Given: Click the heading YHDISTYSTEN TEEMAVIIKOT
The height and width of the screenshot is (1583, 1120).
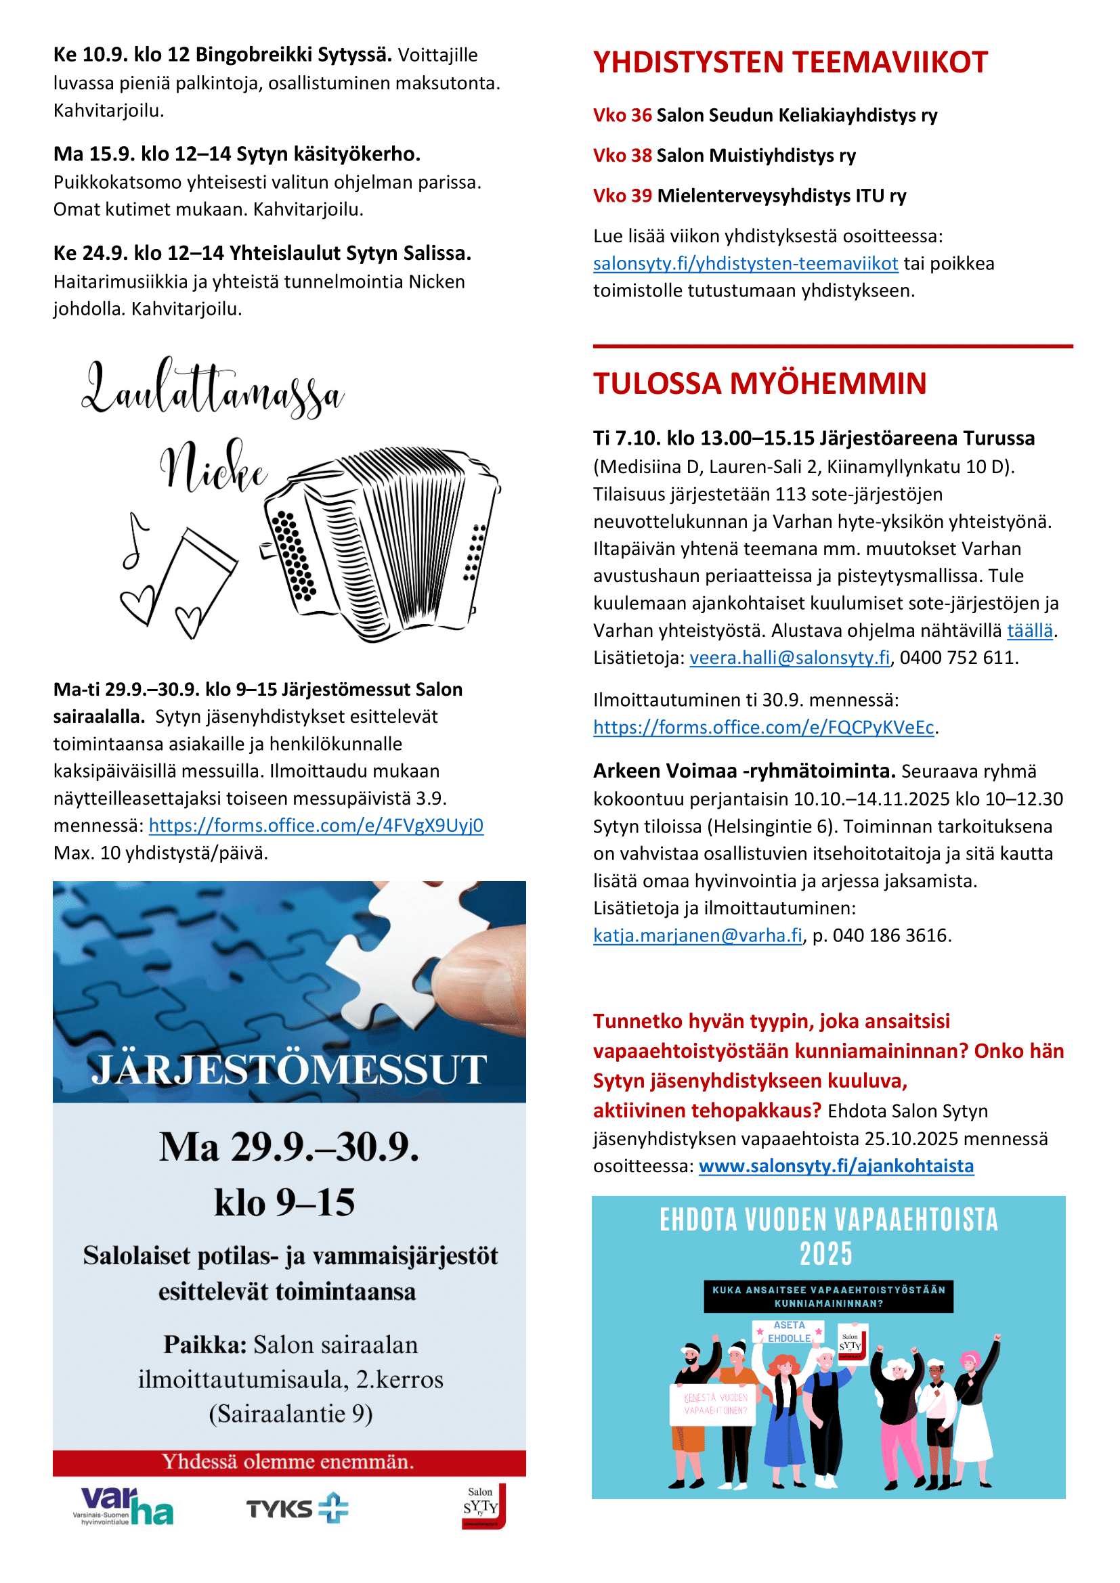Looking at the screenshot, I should pos(790,62).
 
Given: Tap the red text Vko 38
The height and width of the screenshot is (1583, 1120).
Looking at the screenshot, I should pos(622,156).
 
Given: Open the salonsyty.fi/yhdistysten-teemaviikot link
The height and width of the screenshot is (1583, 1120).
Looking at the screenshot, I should pos(745,263).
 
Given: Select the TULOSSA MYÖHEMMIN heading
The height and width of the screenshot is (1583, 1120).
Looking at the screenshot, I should pos(760,383).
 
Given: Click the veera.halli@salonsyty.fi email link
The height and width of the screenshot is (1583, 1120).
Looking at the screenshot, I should pos(790,658).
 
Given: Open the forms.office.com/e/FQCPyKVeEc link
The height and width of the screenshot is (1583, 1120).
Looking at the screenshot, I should pos(763,728).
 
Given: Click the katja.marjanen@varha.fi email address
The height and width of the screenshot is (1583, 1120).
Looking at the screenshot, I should pos(697,935).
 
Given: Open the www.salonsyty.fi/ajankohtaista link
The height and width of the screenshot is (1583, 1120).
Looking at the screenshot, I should pos(836,1166).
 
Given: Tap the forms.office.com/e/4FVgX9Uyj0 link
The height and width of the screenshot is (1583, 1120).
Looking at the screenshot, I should pos(316,825).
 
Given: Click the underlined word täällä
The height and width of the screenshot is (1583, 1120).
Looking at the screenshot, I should pos(1030,631).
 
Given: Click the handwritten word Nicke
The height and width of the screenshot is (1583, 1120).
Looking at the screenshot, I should pos(213,469).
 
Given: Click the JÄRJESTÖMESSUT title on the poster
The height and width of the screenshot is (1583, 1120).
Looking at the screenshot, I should pos(289,1069).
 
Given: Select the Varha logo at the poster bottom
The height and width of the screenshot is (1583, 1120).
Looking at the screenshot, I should pos(123,1507).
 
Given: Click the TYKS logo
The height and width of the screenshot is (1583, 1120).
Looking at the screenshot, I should pos(297,1508).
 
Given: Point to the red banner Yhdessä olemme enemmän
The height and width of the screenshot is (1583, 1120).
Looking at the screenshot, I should pos(289,1461).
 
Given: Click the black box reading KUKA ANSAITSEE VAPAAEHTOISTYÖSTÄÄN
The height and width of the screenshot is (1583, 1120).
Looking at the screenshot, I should pos(828,1297).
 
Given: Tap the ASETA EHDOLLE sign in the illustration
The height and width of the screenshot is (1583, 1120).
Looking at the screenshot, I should pos(789,1331).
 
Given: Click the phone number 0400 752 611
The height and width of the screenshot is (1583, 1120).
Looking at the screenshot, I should pos(958,658).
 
